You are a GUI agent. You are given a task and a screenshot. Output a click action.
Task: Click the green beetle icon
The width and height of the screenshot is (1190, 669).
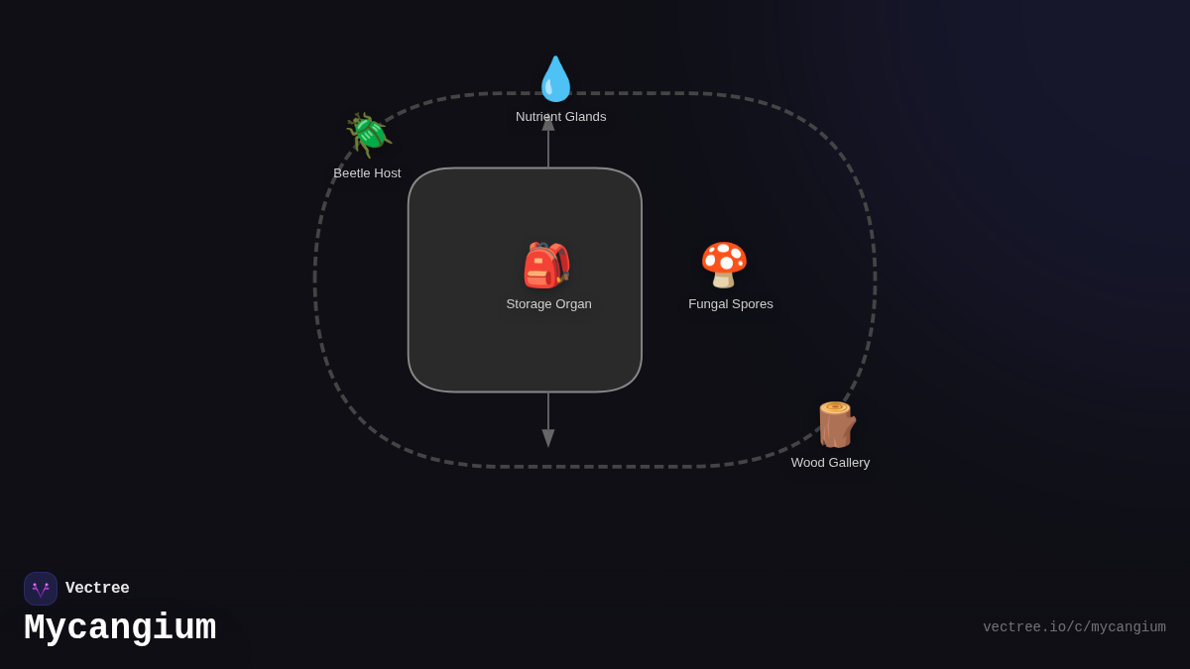(369, 135)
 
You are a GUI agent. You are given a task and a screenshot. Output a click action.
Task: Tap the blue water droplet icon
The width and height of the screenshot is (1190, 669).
(555, 79)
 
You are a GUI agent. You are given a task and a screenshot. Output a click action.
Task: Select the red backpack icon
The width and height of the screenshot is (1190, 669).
(547, 266)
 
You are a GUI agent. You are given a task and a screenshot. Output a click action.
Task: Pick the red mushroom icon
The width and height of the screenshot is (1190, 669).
(724, 265)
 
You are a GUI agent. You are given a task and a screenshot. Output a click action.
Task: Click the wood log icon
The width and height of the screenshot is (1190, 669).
(835, 424)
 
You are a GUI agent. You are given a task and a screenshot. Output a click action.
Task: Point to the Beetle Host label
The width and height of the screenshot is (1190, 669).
(367, 173)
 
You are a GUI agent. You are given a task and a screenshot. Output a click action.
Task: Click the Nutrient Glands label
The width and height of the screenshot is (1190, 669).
(560, 117)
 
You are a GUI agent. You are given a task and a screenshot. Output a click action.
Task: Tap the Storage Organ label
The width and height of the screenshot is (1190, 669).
(548, 304)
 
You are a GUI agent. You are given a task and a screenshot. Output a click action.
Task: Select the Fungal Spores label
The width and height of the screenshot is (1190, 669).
(731, 304)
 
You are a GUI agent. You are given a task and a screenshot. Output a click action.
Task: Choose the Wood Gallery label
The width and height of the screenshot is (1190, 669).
(830, 463)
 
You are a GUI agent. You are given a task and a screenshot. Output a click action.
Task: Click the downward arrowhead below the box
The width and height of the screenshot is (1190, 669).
(548, 438)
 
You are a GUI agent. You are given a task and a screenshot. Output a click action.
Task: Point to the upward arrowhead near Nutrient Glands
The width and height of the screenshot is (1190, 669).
(548, 123)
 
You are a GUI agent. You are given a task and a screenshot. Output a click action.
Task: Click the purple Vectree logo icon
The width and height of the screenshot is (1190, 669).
(41, 589)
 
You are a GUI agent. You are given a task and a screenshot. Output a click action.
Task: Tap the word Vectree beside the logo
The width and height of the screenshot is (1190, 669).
(97, 589)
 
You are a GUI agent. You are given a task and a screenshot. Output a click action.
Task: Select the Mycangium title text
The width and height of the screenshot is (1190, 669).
(120, 628)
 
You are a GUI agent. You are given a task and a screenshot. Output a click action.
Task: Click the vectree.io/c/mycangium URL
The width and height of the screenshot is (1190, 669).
(1074, 627)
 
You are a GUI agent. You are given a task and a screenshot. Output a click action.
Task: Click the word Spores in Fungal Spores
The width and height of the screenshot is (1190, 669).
(752, 304)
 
